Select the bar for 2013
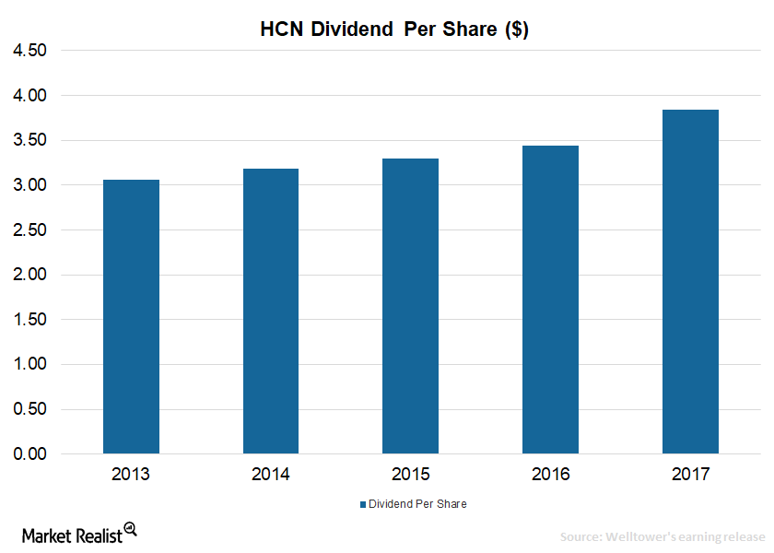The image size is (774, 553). [131, 316]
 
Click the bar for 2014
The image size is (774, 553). [271, 312]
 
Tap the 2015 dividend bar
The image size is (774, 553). [410, 306]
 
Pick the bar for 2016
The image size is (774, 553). [550, 300]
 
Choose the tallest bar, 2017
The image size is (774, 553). [690, 281]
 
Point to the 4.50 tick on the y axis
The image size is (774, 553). [29, 51]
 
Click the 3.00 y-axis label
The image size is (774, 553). [29, 185]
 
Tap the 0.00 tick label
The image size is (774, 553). [29, 453]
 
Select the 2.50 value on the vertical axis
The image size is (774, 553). [29, 230]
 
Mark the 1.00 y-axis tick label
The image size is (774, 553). [29, 364]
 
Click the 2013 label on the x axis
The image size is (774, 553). [130, 474]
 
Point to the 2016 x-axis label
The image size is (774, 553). [550, 474]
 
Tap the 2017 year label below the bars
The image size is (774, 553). [690, 474]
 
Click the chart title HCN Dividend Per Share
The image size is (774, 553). [394, 29]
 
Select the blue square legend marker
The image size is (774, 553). [363, 504]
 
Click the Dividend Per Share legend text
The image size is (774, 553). [417, 503]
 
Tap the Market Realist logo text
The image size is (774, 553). [72, 535]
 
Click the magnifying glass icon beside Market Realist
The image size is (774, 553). [131, 529]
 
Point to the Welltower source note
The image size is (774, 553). [663, 536]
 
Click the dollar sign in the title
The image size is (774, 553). [517, 29]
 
